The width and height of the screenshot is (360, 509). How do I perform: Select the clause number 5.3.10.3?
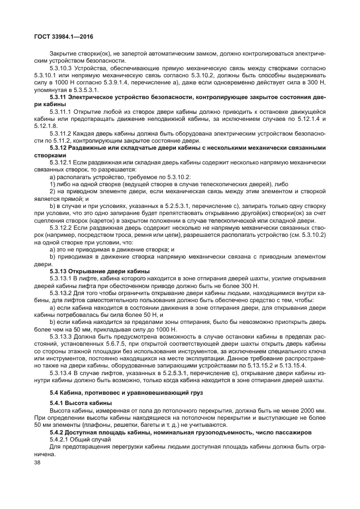coord(62,68)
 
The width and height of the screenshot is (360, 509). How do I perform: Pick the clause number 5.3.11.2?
coord(62,133)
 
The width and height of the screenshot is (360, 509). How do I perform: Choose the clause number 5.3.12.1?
coord(62,162)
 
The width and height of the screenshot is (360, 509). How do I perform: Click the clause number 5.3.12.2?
coord(62,228)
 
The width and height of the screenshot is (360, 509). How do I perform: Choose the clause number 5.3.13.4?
coord(62,373)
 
